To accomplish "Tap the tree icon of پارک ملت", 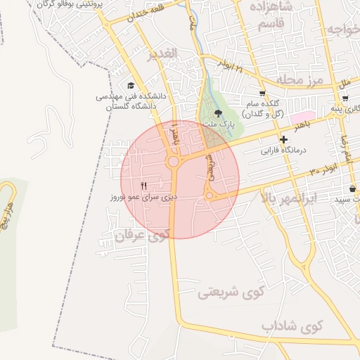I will coord(219,112).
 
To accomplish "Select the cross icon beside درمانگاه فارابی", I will coord(283,140).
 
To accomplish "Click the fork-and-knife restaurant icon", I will coord(143,186).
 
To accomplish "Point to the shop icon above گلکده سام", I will coord(262,93).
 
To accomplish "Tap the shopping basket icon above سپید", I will coord(352,188).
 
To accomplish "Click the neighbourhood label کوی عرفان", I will coord(147,236).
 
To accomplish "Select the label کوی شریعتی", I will coord(229,290).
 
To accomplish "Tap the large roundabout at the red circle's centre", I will coord(173,163).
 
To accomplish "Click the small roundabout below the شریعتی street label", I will coord(209,195).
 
